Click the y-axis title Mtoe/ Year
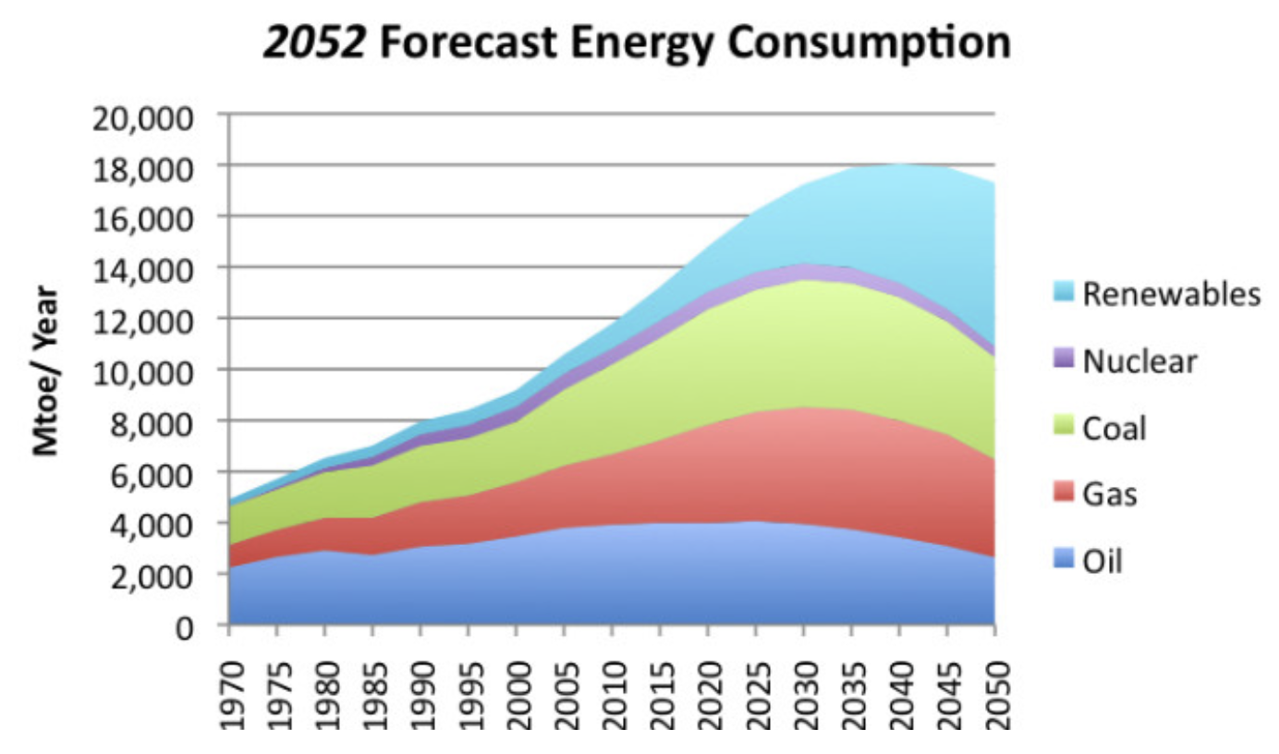(45, 371)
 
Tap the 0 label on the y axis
(184, 627)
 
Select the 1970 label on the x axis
(228, 685)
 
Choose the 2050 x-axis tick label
(994, 685)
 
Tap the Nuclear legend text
(1139, 360)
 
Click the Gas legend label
(1110, 494)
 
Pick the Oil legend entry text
(1102, 561)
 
